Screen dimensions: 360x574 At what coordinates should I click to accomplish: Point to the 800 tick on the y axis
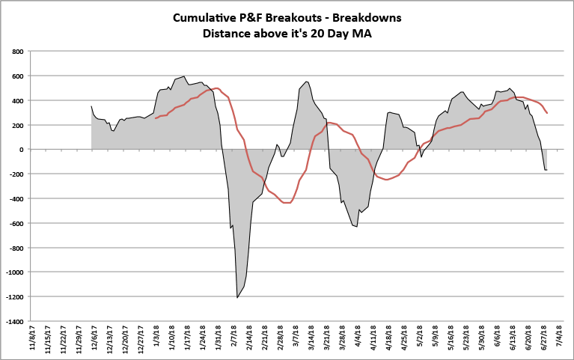click(17, 52)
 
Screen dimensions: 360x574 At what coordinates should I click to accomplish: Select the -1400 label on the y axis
click(15, 321)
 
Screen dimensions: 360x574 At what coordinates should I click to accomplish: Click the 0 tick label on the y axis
click(22, 150)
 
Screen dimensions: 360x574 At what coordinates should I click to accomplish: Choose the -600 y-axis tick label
click(16, 223)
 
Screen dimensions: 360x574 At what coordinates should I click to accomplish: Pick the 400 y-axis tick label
click(17, 100)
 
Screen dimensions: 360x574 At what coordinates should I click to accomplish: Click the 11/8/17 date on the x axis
click(34, 338)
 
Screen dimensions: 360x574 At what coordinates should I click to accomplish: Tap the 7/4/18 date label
click(561, 338)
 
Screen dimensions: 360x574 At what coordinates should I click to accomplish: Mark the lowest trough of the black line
click(237, 298)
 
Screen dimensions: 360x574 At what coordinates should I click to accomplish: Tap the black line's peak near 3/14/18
click(307, 82)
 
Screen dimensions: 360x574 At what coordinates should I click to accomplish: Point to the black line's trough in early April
click(357, 226)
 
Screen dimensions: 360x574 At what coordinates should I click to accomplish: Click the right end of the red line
click(547, 113)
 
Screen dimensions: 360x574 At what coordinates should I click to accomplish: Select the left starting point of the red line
click(156, 118)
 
